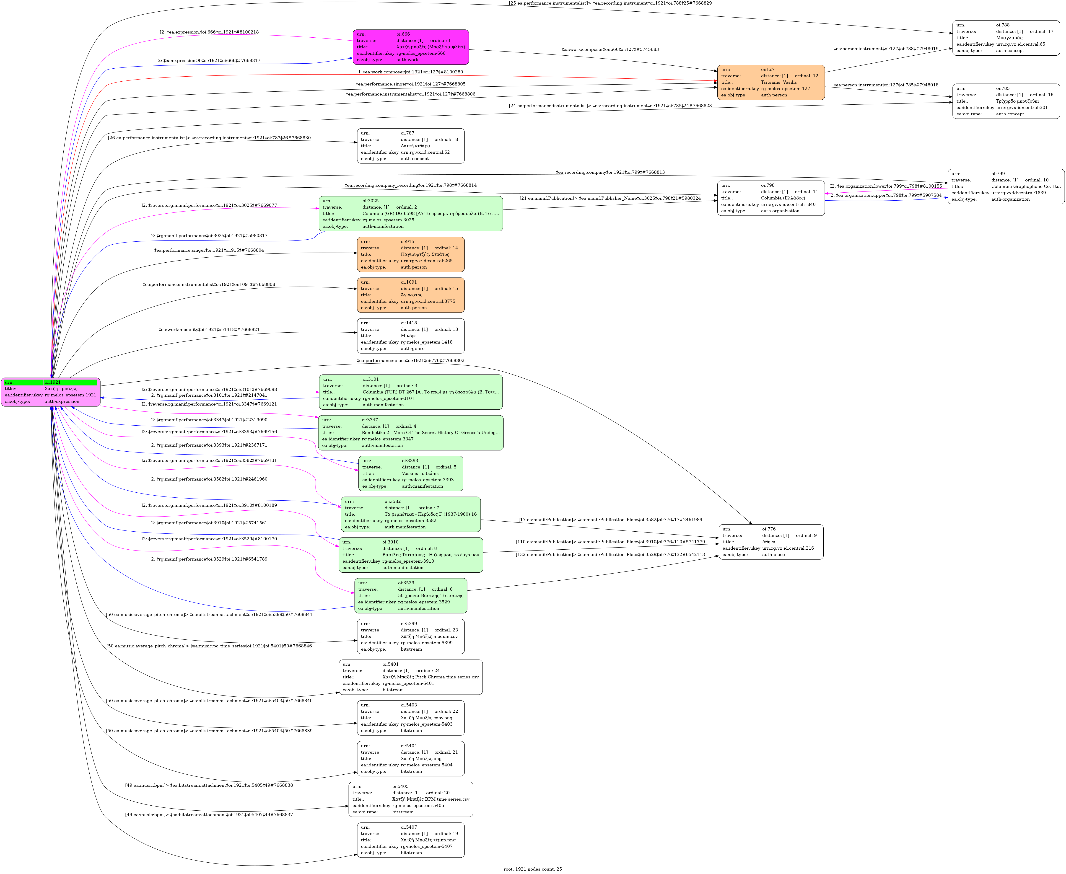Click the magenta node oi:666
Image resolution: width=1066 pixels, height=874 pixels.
410,47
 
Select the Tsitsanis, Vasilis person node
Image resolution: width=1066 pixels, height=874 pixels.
770,82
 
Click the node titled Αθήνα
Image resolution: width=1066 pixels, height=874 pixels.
770,542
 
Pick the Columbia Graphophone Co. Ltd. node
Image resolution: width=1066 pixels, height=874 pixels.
1006,186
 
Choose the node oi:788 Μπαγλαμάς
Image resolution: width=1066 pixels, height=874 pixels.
1006,38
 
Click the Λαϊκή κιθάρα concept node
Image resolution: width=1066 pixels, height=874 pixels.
410,146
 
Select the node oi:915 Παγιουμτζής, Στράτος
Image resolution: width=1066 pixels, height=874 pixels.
410,254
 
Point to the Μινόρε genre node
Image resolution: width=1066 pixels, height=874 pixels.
410,336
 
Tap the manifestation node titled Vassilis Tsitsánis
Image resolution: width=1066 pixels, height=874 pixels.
410,473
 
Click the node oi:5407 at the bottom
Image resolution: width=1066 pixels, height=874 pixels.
410,840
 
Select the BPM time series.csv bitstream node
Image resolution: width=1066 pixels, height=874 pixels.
410,799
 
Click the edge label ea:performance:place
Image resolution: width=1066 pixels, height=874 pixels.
410,360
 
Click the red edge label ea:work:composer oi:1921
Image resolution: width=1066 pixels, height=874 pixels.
410,72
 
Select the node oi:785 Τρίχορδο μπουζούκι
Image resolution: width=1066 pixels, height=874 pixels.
1006,101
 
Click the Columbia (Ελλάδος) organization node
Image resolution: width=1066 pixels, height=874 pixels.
770,198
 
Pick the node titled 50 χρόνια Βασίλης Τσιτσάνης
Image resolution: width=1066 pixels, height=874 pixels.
410,596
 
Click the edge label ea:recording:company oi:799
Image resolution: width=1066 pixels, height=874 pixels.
610,172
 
